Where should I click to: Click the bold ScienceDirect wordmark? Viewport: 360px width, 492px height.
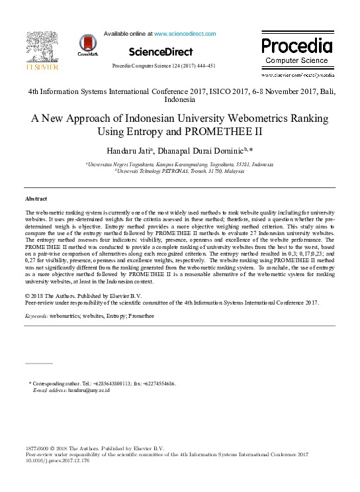(161, 52)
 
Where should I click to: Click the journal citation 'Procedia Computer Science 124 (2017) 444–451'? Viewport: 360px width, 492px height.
(163, 66)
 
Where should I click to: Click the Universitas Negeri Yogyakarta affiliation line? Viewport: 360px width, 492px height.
(179, 163)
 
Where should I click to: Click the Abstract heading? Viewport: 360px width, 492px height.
(36, 199)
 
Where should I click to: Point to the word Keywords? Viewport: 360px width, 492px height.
(36, 317)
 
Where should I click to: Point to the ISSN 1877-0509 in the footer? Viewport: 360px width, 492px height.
(38, 448)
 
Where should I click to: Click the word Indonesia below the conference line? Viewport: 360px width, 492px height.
(179, 99)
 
